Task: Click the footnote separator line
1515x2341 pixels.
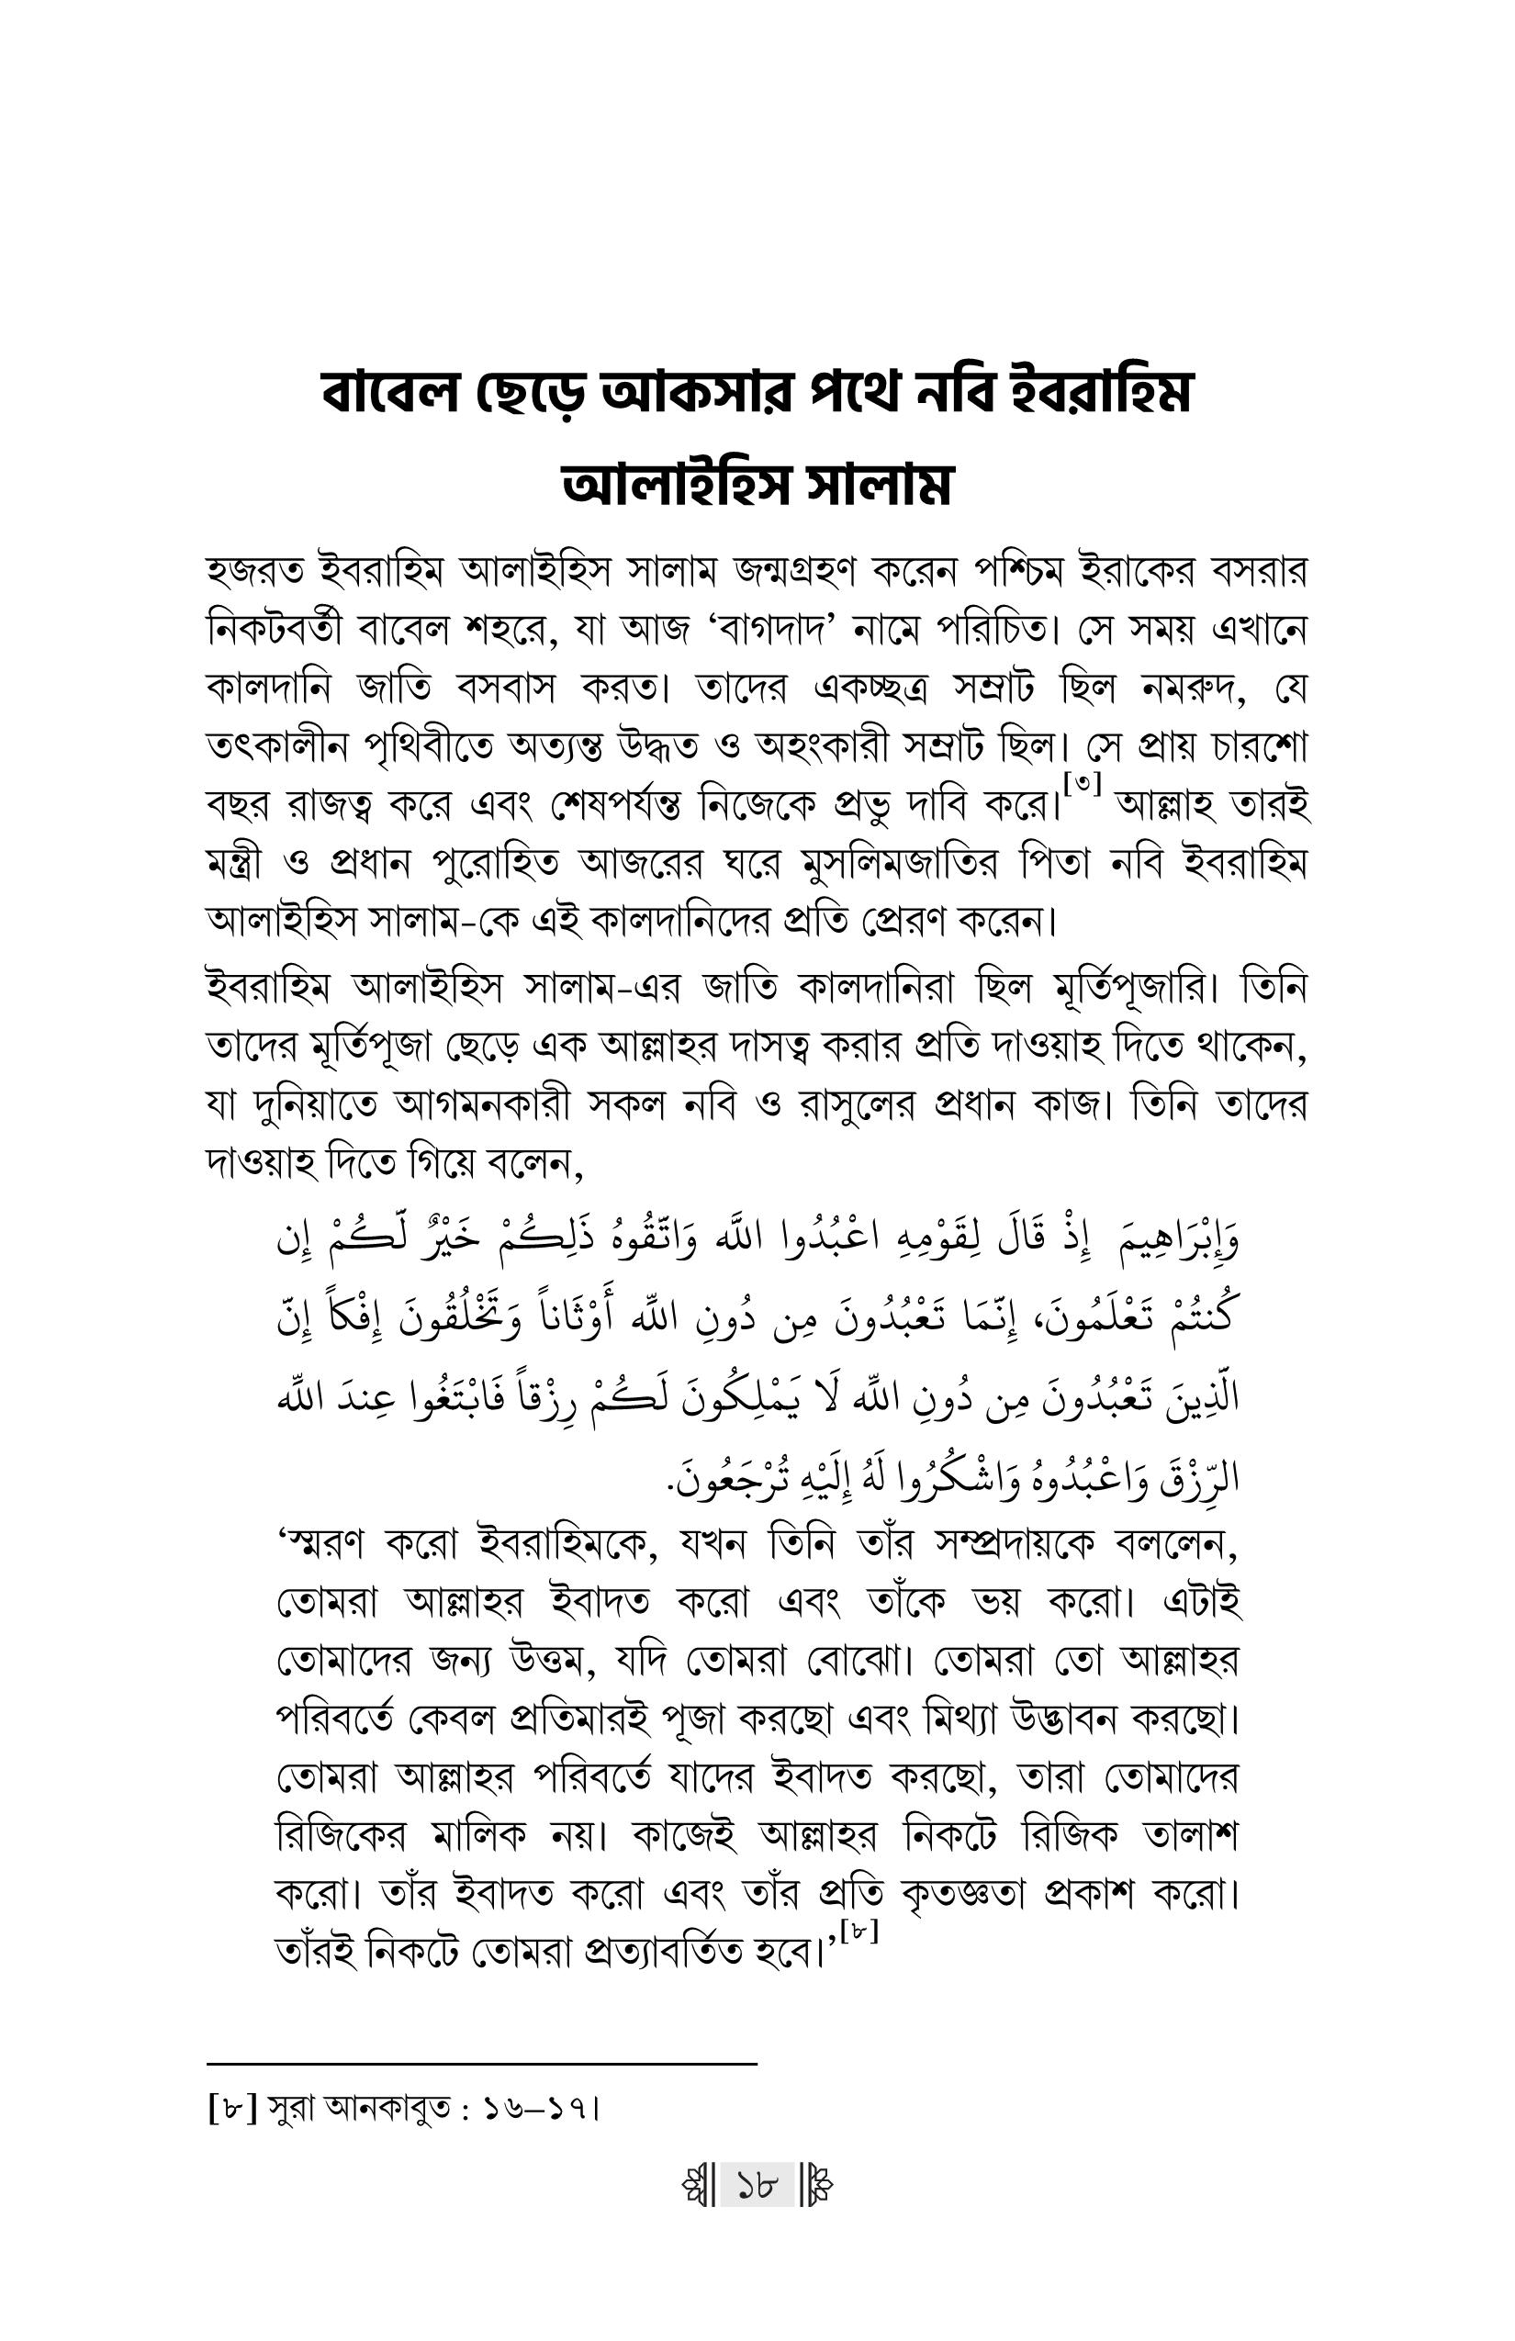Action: pos(482,2063)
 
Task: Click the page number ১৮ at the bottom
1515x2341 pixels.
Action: pos(757,2186)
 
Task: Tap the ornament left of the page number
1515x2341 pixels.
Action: pos(698,2186)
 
